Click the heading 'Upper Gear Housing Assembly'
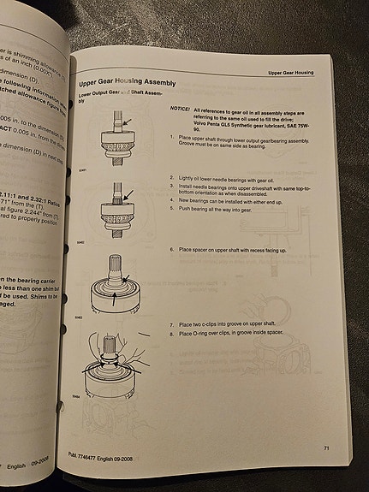(x=128, y=84)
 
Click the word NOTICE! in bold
(x=181, y=110)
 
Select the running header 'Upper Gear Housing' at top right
(x=300, y=73)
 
